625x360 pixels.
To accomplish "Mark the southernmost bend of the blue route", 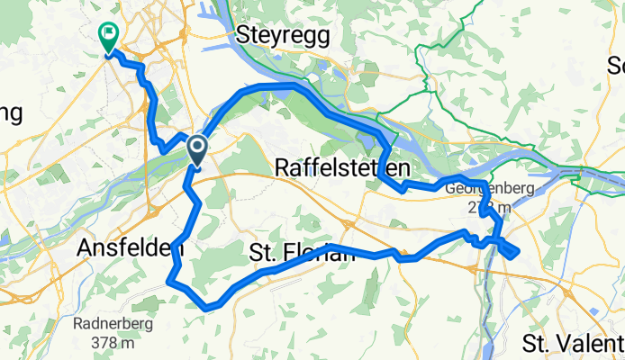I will pyautogui.click(x=208, y=308).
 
